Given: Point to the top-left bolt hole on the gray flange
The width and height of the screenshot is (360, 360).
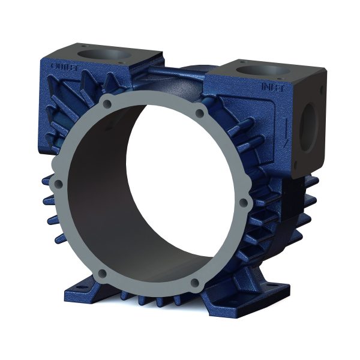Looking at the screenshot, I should (x=107, y=104).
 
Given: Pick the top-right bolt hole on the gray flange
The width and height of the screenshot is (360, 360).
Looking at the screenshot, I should (x=200, y=113).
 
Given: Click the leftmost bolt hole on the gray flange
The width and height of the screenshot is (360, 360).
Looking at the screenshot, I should (x=59, y=184).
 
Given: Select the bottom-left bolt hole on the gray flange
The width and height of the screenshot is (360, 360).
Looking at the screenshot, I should (x=102, y=274).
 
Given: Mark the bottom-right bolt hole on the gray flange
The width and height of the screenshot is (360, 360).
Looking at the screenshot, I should (x=194, y=282).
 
